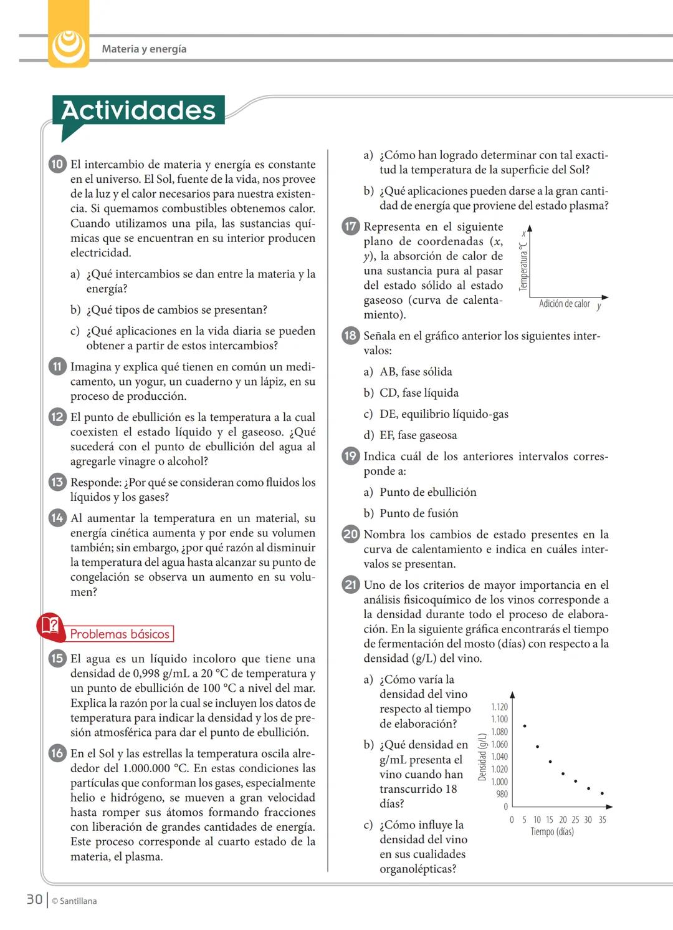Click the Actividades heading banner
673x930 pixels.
click(x=138, y=110)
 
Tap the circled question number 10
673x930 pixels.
click(x=57, y=164)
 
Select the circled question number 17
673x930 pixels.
click(x=351, y=226)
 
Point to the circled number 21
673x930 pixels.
click(x=351, y=584)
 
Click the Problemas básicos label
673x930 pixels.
click(x=120, y=634)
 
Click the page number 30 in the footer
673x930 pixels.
click(x=34, y=899)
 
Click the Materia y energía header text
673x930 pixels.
click(x=144, y=49)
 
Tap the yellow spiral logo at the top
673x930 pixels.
click(x=69, y=46)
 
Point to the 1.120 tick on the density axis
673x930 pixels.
click(x=499, y=707)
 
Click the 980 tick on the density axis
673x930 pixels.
click(x=502, y=794)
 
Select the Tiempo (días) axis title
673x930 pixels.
click(x=552, y=832)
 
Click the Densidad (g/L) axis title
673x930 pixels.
click(x=482, y=757)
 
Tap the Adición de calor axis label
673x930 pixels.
click(x=564, y=304)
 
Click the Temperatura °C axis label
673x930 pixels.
click(x=523, y=267)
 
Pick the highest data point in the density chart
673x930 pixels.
click(x=525, y=726)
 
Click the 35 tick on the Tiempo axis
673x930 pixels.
click(x=602, y=820)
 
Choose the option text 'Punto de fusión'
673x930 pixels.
click(x=419, y=513)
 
